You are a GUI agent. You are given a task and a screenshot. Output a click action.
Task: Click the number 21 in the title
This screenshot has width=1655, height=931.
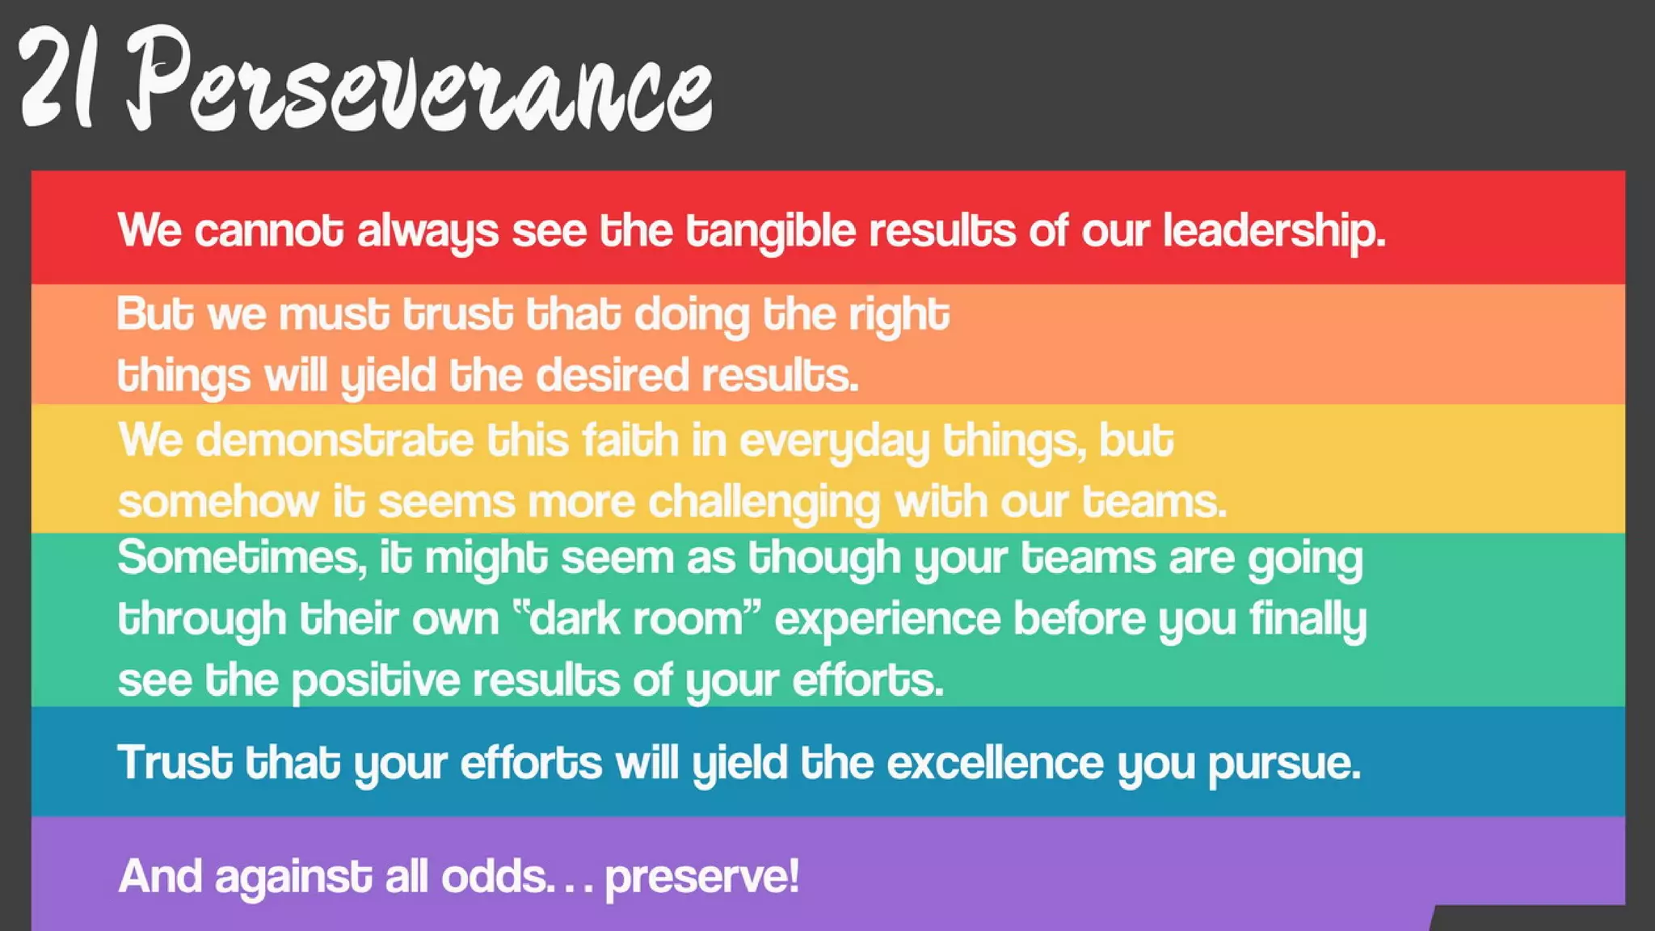(58, 79)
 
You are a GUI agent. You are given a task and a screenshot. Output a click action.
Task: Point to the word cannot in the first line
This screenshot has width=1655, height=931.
(268, 231)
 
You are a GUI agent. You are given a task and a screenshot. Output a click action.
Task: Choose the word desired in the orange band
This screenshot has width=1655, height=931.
(612, 376)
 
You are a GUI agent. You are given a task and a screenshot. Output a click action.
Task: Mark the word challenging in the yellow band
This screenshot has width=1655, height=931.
(764, 503)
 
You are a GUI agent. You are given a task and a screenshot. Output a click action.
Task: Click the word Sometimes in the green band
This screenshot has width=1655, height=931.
(241, 558)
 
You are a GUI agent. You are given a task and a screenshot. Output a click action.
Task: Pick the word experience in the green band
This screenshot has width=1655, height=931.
(887, 620)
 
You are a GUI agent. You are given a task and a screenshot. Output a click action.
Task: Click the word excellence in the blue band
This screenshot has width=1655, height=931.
(995, 763)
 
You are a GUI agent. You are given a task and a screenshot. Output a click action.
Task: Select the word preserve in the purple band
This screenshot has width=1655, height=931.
(701, 877)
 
